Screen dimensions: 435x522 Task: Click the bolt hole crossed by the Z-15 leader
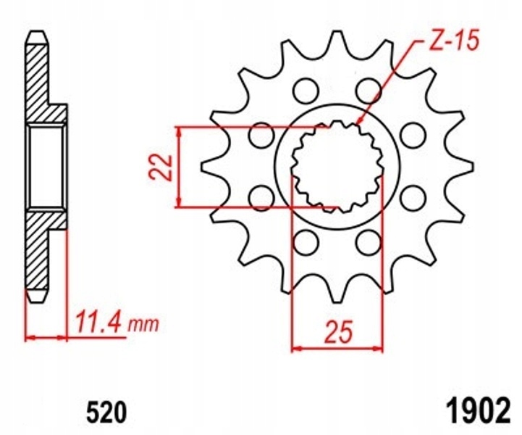pos(369,90)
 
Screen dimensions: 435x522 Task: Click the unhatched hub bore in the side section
pos(46,166)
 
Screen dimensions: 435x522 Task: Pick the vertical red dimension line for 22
pos(180,165)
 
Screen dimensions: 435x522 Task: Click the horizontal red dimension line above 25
pos(337,348)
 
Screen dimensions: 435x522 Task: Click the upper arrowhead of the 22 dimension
pos(180,131)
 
